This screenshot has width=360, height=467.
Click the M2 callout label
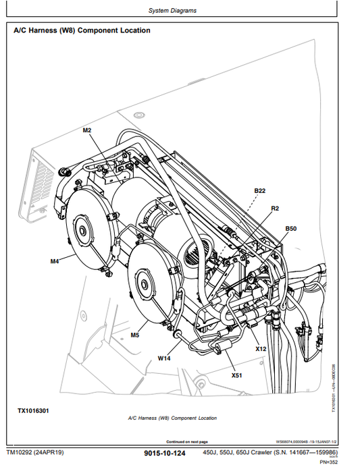87,130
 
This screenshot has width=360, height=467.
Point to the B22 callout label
260,191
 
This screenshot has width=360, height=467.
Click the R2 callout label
275,209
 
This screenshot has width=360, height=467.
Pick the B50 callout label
290,229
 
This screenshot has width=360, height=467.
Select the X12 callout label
261,349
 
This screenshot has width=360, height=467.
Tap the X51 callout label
236,375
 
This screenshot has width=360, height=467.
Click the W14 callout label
164,358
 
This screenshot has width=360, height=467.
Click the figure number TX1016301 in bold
33,410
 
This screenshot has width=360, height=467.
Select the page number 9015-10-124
164,454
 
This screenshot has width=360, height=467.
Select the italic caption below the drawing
172,418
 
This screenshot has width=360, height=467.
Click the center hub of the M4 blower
83,232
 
